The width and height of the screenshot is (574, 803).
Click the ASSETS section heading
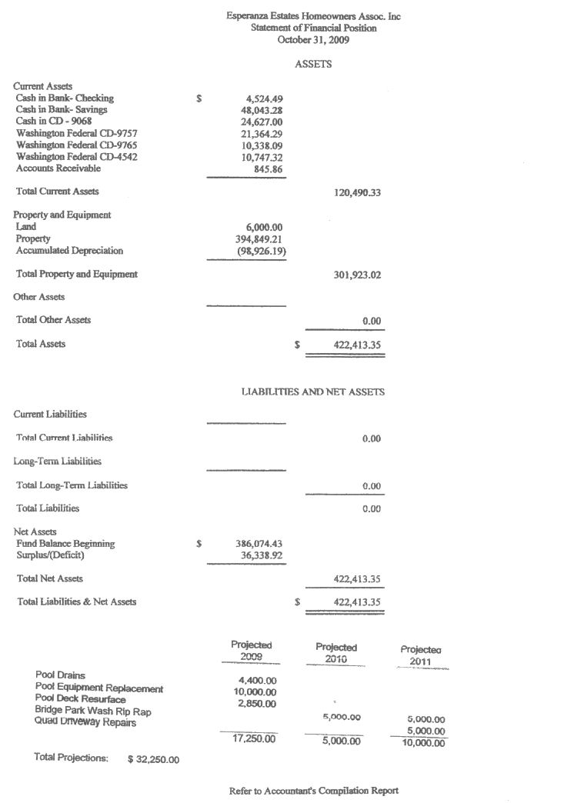[x=313, y=65]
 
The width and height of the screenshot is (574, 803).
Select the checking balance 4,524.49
[x=264, y=98]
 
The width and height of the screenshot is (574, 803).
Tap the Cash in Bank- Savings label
[x=62, y=110]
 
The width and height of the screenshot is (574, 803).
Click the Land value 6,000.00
[x=264, y=227]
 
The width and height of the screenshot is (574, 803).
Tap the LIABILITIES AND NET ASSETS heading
[x=313, y=392]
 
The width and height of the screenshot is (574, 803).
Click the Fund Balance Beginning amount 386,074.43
[x=259, y=544]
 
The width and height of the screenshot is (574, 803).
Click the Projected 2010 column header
[x=336, y=653]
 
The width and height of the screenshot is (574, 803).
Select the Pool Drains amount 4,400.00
[x=258, y=681]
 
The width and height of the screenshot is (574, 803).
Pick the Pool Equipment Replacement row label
[x=99, y=688]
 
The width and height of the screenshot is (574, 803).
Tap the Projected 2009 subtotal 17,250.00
[x=255, y=739]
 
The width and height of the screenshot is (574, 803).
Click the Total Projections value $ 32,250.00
[x=153, y=760]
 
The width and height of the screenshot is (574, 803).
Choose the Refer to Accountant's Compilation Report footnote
[x=314, y=791]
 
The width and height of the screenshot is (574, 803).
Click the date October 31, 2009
[x=313, y=40]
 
